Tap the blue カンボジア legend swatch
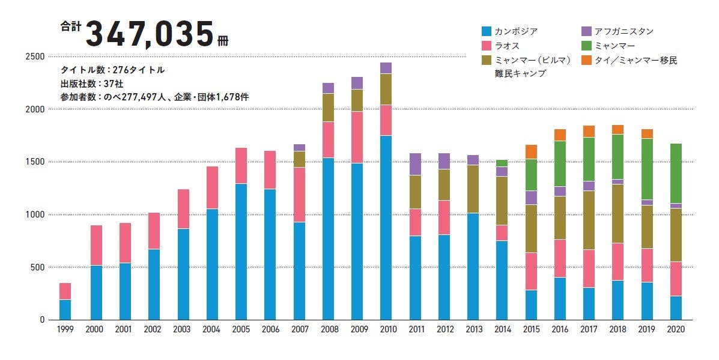[487, 31]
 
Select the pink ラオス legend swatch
[487, 46]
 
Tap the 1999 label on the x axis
[65, 329]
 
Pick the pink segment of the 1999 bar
[65, 291]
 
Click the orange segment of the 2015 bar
[531, 151]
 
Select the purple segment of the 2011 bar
[415, 164]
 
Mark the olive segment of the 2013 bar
[473, 189]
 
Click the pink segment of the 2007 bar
[299, 195]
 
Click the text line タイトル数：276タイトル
[112, 70]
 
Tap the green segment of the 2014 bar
[502, 163]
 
